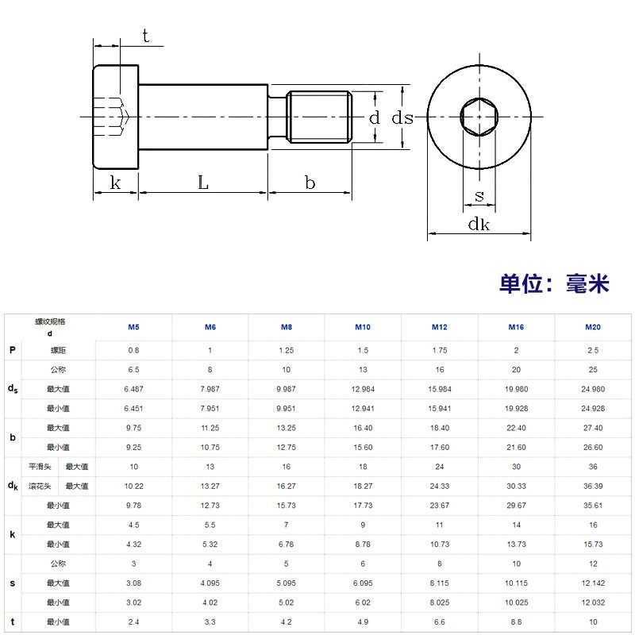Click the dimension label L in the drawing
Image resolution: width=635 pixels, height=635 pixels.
tap(203, 183)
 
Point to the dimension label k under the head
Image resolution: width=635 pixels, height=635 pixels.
tap(115, 183)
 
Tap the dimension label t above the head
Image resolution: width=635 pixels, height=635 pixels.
tap(145, 35)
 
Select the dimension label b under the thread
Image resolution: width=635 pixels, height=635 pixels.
tap(310, 183)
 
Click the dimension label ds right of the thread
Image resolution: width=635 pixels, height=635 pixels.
tap(403, 117)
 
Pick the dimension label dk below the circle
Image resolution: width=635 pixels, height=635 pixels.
tap(479, 225)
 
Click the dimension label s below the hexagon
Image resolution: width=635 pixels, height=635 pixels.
tap(479, 195)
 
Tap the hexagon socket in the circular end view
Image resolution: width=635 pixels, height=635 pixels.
tap(479, 118)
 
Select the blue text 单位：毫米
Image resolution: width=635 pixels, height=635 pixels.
tap(554, 283)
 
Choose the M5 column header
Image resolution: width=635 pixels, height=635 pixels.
tap(134, 327)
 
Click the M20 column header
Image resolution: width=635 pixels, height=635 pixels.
tap(592, 327)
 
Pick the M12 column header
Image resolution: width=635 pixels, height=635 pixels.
tap(440, 327)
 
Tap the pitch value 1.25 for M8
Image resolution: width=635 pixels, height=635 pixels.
tap(287, 350)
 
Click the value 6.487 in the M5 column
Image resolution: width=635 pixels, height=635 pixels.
tap(134, 389)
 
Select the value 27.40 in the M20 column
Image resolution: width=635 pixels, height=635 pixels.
tap(592, 428)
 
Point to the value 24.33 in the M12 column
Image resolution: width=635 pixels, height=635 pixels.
tap(440, 486)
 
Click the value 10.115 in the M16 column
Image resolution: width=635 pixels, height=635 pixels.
tap(516, 583)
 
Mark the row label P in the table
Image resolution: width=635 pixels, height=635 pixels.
tap(12, 350)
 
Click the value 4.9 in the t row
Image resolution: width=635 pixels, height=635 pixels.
tap(363, 622)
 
